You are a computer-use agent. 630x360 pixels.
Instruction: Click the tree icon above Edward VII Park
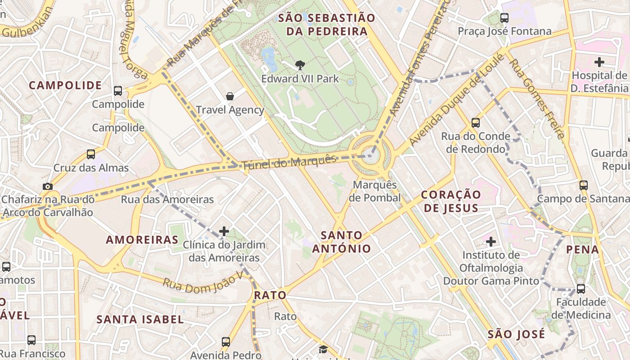300,65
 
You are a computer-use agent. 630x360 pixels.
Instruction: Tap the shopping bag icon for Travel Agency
230,96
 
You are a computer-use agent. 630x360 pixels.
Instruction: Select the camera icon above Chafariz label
48,186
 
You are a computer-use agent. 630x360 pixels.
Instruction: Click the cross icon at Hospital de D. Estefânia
599,62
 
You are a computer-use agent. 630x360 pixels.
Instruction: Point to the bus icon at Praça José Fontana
504,18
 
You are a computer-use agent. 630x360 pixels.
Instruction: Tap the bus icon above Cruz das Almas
91,154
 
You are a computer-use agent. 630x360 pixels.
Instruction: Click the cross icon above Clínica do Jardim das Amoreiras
224,232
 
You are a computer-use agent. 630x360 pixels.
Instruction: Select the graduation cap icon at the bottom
323,350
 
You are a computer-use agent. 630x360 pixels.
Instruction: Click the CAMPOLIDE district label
66,85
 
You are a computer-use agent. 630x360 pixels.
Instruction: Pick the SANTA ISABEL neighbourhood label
140,319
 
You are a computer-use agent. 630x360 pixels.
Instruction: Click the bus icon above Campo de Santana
584,185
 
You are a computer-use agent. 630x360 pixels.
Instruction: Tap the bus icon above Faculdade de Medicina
581,288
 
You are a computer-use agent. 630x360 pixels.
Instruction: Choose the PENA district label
582,249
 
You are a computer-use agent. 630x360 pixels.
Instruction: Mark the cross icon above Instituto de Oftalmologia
491,242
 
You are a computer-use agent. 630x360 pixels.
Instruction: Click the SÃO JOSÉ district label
516,334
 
